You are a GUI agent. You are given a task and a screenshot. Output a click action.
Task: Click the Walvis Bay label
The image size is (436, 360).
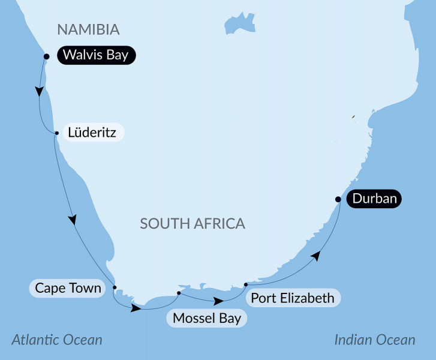pos(97,56)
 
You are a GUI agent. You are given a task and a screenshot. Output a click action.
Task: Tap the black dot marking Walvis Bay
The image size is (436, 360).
pos(46,57)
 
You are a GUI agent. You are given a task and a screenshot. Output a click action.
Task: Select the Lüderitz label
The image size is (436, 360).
pos(92,131)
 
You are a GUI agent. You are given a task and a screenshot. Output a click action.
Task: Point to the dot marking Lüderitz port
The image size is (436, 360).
pos(56,133)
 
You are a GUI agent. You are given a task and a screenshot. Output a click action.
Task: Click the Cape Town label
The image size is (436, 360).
pos(67,288)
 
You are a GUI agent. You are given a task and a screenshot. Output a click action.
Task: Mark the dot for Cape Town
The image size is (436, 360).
pos(114,287)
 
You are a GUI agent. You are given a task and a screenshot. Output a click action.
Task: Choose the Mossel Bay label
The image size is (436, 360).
pos(206,317)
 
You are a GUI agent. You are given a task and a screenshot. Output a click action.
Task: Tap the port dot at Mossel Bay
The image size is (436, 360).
pos(179,293)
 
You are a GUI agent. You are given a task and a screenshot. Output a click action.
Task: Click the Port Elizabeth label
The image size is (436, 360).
pos(292,297)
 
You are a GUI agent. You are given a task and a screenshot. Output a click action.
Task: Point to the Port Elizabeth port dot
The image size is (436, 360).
pos(246,284)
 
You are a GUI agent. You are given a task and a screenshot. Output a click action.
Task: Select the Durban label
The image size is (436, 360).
pos(374,199)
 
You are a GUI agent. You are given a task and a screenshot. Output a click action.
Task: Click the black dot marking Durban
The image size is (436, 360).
pos(338,199)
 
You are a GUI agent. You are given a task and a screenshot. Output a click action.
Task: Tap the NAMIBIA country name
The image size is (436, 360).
pos(88,29)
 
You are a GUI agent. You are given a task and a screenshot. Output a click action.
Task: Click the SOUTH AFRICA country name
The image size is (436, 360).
pos(193,224)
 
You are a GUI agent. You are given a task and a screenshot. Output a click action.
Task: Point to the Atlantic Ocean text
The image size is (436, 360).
pos(57,340)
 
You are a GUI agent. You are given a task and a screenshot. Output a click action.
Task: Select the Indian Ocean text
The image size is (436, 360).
pos(374,340)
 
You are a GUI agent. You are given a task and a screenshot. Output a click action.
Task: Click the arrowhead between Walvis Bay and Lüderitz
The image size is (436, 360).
pos(40,92)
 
